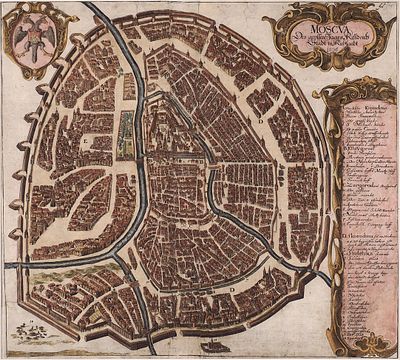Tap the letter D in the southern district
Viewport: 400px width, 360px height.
click(232, 289)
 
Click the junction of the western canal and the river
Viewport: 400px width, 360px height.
click(140, 250)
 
